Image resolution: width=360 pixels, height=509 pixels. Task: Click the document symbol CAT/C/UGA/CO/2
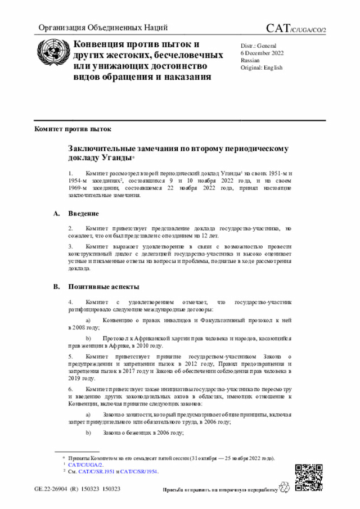click(x=296, y=28)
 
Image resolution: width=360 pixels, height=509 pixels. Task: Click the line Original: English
click(x=262, y=67)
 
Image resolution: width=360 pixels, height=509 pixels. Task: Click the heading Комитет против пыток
click(x=69, y=129)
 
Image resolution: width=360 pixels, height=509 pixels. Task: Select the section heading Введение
click(x=84, y=214)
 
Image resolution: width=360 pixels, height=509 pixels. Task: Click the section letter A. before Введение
click(x=56, y=214)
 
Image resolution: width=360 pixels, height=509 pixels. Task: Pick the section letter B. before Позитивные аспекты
click(x=56, y=287)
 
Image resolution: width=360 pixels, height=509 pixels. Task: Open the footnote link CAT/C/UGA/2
click(x=85, y=465)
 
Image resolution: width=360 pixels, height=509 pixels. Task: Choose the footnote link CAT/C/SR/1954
click(x=139, y=471)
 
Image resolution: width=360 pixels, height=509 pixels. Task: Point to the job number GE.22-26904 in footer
click(x=52, y=489)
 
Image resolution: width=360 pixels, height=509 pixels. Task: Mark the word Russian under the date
click(x=250, y=60)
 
